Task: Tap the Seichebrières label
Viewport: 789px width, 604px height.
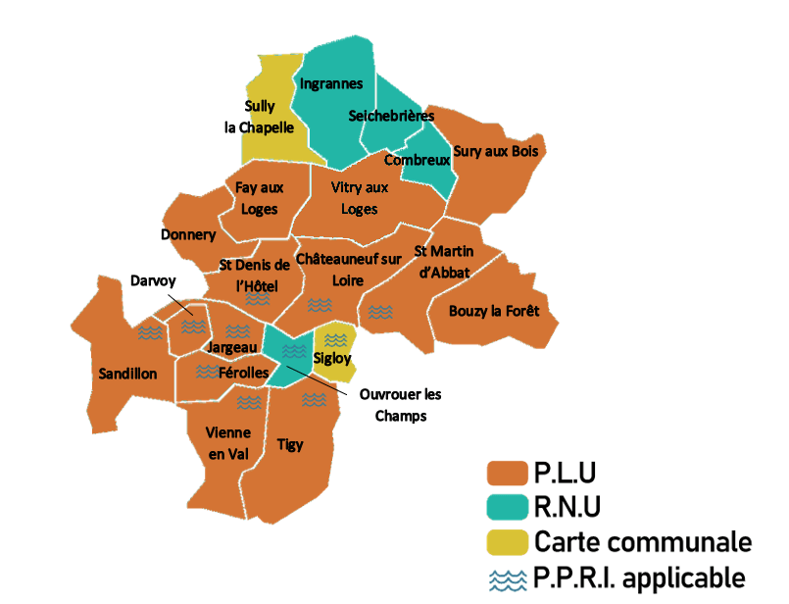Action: [x=391, y=116]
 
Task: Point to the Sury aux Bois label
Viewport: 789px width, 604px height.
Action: [x=496, y=151]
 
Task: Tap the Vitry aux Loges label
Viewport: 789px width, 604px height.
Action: [x=359, y=197]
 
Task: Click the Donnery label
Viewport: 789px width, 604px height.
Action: [x=188, y=235]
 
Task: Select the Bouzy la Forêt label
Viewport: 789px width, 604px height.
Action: [x=495, y=312]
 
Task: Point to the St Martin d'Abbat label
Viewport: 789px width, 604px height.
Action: [x=443, y=262]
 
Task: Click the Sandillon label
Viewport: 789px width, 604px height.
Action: [x=127, y=374]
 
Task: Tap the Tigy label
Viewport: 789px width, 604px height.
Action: [x=290, y=444]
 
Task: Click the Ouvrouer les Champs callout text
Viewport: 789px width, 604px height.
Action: [x=400, y=404]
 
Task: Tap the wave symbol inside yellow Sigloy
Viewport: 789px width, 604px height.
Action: [x=335, y=339]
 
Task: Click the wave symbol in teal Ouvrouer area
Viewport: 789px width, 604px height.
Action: [x=287, y=350]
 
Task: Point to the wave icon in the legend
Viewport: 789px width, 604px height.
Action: [x=507, y=578]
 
